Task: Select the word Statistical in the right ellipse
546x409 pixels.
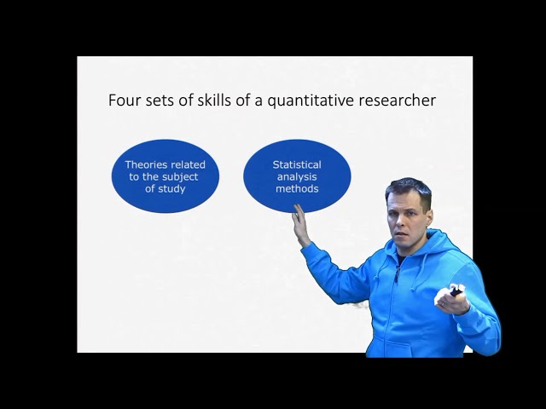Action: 297,164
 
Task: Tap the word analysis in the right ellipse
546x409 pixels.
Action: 297,176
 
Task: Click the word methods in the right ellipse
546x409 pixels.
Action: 297,188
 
